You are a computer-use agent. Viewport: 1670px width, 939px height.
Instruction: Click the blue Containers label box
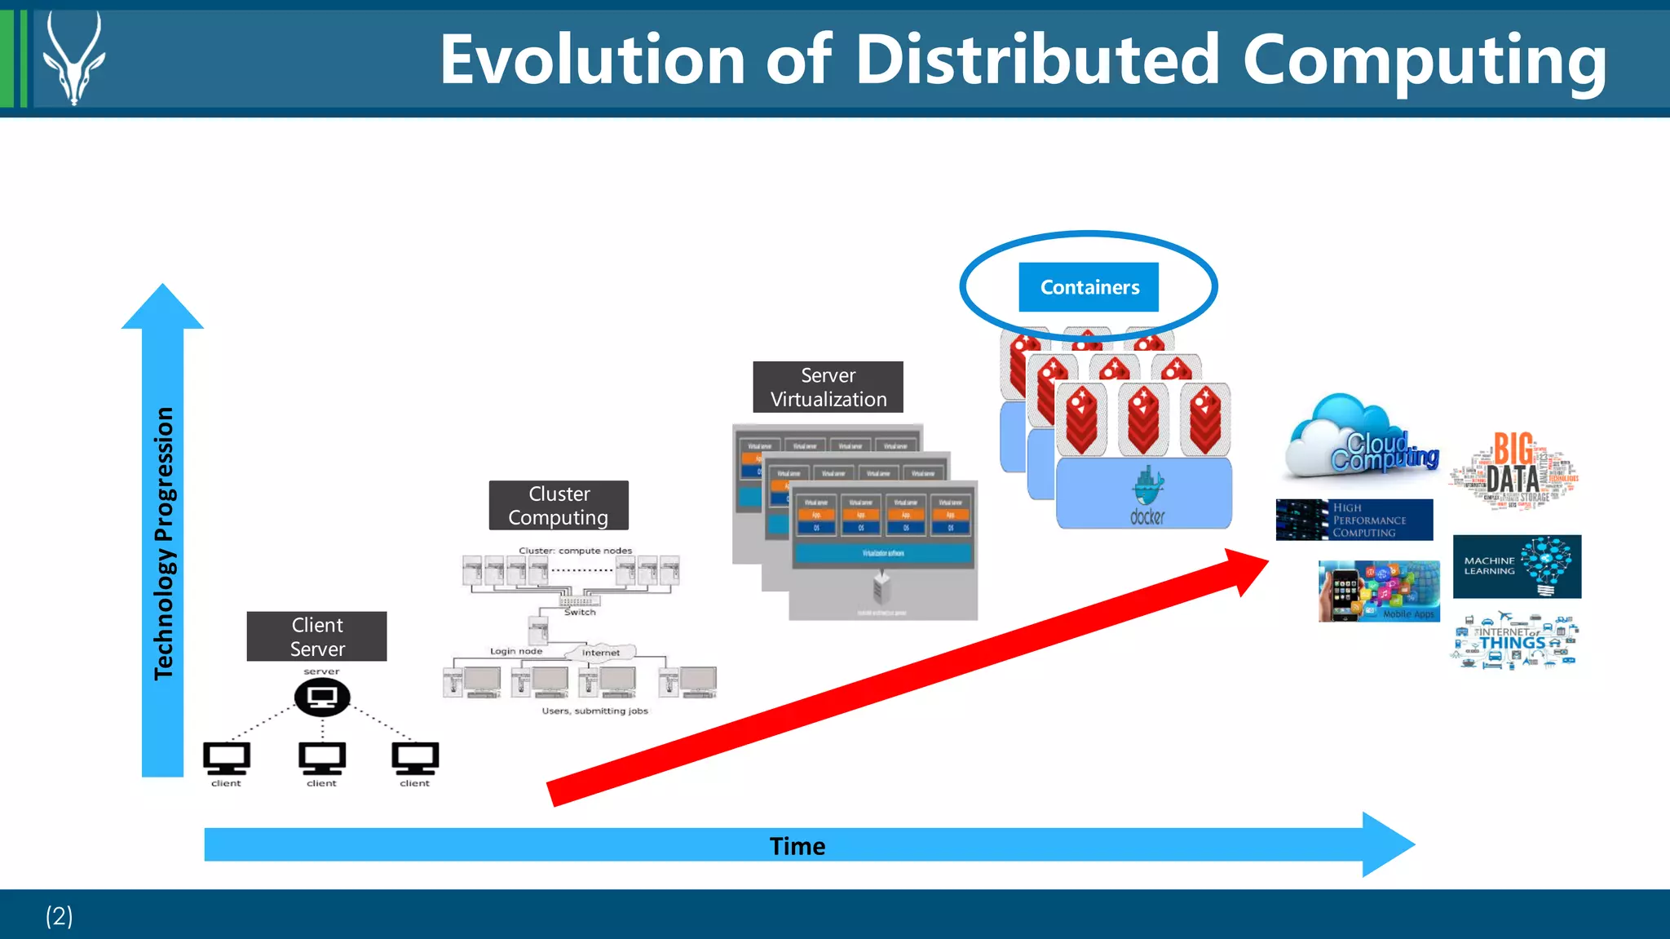[x=1088, y=287]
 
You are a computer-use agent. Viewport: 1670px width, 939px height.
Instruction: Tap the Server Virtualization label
[x=828, y=387]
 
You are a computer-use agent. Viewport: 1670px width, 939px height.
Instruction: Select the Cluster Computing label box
[x=559, y=505]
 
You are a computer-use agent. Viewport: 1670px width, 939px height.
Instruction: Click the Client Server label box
[x=316, y=636]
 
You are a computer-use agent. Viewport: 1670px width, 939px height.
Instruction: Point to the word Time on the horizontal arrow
[x=797, y=846]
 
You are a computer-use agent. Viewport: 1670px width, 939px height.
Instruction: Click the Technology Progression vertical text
[x=164, y=543]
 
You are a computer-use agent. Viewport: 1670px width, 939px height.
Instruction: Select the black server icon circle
[x=322, y=697]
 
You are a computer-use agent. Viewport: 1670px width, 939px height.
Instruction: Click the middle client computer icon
[x=322, y=758]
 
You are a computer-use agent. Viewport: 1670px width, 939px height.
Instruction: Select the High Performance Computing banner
[x=1354, y=520]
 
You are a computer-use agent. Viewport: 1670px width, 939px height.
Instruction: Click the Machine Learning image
[x=1517, y=566]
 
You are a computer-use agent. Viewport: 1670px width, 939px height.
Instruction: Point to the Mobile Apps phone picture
[x=1378, y=591]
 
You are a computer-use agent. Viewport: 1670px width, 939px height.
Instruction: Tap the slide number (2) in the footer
[x=59, y=915]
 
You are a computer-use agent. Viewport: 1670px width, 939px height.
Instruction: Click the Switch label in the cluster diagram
[x=580, y=612]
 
